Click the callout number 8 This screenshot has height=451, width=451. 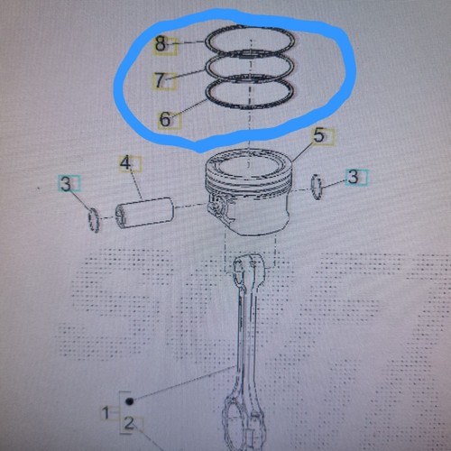pos(161,44)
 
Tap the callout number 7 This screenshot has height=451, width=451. pos(160,80)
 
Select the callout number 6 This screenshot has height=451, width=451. pos(165,119)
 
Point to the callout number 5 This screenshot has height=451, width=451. pos(319,135)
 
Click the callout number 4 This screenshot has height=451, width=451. pos(125,163)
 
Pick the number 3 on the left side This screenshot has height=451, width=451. pos(66,183)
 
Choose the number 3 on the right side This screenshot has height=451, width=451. pos(353,177)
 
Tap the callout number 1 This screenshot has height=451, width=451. pos(106,412)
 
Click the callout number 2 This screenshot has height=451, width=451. pos(129,423)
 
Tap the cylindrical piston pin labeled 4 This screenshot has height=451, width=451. pos(145,212)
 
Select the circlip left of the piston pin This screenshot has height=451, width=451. pos(94,220)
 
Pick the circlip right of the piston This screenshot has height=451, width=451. pos(317,187)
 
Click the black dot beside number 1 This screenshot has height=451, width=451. pos(130,401)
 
